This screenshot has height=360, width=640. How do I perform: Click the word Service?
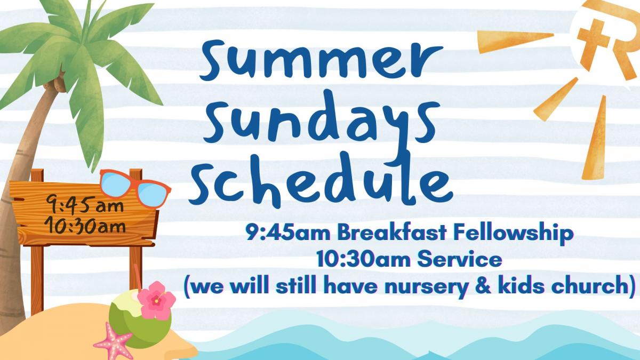pyautogui.click(x=459, y=260)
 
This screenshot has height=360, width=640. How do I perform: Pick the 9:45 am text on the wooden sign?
pyautogui.click(x=85, y=205)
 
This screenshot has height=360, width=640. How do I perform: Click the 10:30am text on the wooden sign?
pyautogui.click(x=85, y=226)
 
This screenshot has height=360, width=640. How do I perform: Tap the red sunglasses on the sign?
pyautogui.click(x=135, y=188)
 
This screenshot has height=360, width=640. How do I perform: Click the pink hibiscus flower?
pyautogui.click(x=156, y=300)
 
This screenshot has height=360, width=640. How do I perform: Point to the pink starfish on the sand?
pyautogui.click(x=114, y=343)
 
